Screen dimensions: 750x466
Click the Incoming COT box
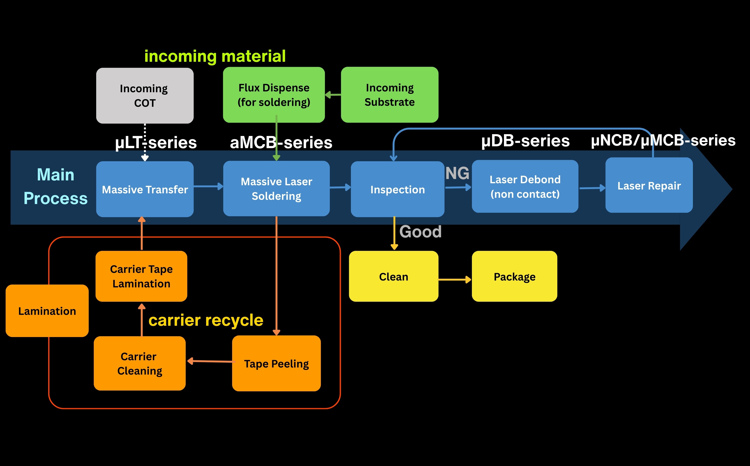(145, 95)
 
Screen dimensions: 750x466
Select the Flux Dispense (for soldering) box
(274, 95)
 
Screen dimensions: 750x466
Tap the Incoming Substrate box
(389, 95)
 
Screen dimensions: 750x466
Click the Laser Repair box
(649, 185)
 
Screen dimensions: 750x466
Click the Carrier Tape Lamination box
(141, 276)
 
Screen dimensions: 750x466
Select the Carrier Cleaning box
(140, 363)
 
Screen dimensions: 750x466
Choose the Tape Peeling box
(276, 363)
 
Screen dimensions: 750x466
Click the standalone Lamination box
(47, 311)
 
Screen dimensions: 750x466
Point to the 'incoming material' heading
(215, 56)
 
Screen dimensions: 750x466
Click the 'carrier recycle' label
(206, 320)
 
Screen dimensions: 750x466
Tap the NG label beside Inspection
(457, 173)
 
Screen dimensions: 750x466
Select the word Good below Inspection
(420, 231)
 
